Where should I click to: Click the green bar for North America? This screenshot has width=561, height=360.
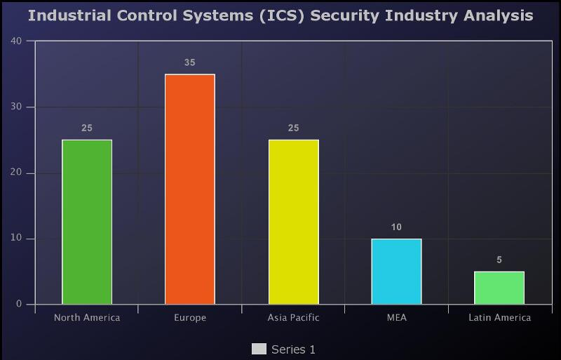click(x=87, y=222)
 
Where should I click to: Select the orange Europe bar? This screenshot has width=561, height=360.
click(x=190, y=189)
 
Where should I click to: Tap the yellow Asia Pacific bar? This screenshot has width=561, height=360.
click(x=293, y=222)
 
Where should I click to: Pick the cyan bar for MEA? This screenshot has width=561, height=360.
click(x=396, y=272)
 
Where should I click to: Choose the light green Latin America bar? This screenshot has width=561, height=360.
click(x=499, y=288)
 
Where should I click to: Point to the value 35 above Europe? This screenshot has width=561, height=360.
click(x=190, y=62)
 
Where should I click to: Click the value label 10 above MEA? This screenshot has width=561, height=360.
click(x=396, y=227)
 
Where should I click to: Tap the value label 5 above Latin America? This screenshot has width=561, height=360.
click(x=499, y=260)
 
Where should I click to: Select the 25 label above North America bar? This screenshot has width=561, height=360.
click(x=87, y=128)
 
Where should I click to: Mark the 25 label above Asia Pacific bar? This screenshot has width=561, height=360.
click(x=293, y=128)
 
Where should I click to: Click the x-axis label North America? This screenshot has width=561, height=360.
click(x=87, y=318)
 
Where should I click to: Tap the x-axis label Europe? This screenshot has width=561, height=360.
click(x=190, y=318)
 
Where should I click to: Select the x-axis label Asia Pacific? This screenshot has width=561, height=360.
click(x=293, y=318)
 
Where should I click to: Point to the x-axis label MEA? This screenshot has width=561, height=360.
click(x=396, y=318)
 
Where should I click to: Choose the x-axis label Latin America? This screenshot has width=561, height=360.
click(x=499, y=318)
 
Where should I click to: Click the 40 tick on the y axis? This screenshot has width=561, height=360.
click(x=17, y=41)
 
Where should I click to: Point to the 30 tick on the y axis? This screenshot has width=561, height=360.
click(x=17, y=107)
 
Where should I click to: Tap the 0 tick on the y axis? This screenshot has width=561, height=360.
click(x=20, y=305)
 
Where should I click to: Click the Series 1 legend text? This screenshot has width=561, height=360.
click(x=293, y=349)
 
